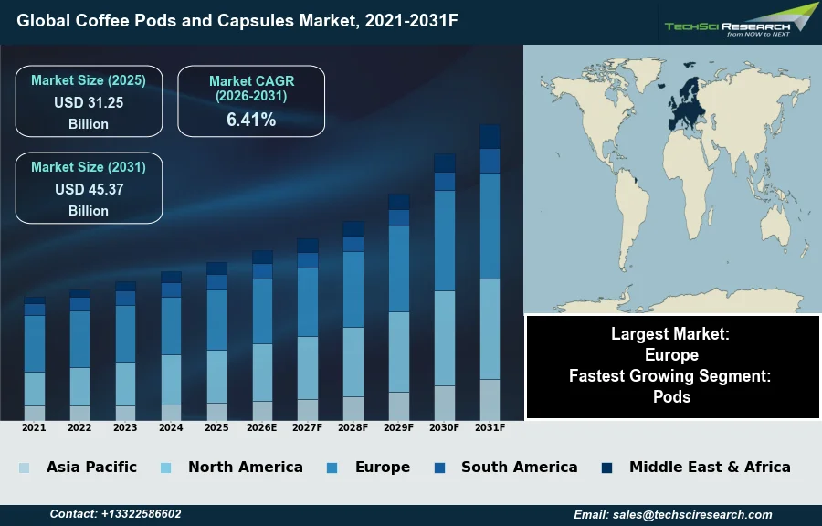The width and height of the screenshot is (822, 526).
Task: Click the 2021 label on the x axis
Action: point(34,427)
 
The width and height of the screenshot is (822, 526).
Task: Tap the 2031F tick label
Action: point(490,427)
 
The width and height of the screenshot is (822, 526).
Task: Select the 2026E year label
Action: point(262,427)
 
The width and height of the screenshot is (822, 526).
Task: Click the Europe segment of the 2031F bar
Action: point(490,226)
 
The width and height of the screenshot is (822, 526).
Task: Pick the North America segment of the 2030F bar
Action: point(444,338)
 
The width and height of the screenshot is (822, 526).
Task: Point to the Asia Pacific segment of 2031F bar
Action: point(490,399)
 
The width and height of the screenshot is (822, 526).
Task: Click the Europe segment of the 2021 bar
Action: point(35,343)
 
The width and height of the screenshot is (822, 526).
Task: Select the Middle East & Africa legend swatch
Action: point(606,468)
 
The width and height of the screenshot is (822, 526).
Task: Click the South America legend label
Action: point(519,467)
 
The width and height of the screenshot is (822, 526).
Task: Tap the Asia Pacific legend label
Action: point(91,467)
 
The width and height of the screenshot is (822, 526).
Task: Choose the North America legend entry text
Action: point(245,467)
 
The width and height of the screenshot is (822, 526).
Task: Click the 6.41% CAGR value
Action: point(251,119)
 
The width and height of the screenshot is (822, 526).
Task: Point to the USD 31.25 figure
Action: point(89,102)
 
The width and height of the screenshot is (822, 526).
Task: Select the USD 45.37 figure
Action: point(89,189)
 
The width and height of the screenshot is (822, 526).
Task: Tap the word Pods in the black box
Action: point(672,396)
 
